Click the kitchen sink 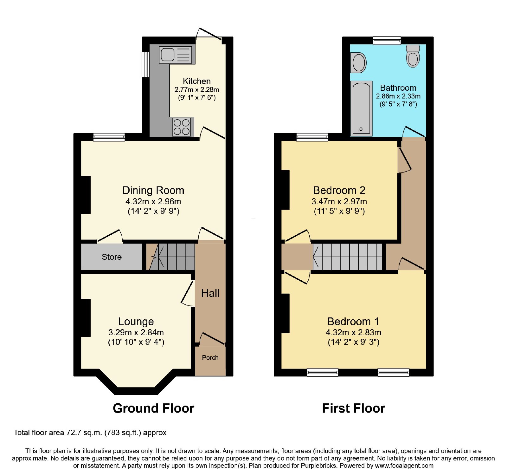(176, 55)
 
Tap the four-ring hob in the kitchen (182, 127)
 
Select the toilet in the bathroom (413, 56)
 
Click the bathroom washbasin (358, 62)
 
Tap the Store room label (112, 257)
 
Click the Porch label (210, 358)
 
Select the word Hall (210, 293)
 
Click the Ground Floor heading (153, 408)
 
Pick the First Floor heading (354, 408)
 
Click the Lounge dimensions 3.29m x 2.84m (136, 332)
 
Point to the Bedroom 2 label (339, 190)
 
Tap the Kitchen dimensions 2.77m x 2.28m (196, 90)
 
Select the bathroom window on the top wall (387, 40)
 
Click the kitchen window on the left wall (145, 64)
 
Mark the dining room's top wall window (109, 137)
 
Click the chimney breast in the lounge (86, 318)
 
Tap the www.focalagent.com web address (404, 466)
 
